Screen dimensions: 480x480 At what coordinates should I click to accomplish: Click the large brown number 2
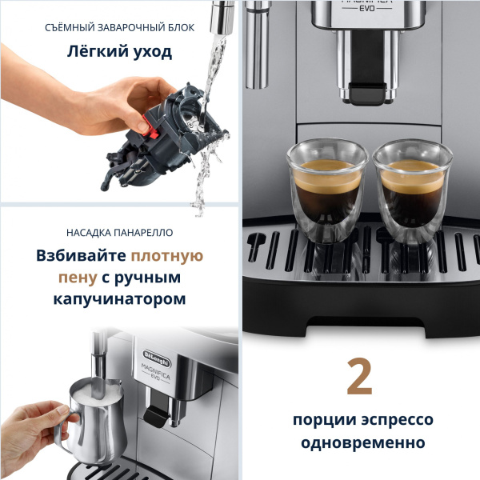click(359, 378)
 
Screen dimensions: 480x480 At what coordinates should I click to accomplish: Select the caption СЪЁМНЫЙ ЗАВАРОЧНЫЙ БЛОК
click(120, 26)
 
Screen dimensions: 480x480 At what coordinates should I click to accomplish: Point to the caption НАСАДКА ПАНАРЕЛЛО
click(120, 233)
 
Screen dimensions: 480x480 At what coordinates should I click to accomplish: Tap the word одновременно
click(359, 442)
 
